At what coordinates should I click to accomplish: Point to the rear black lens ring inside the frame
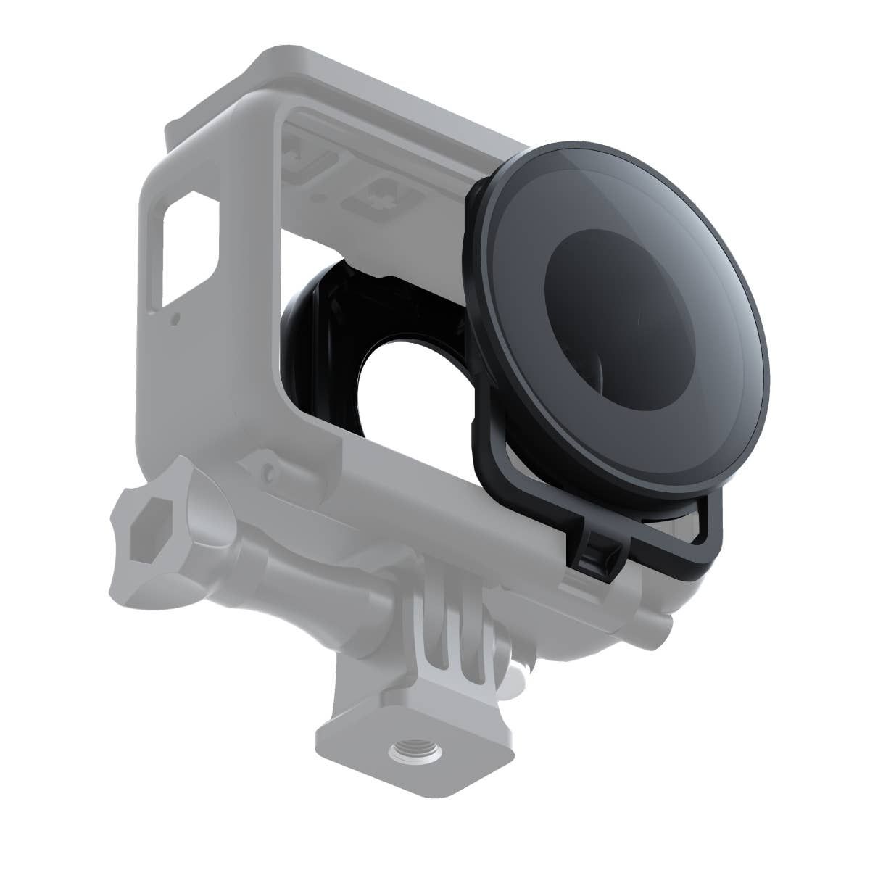pyautogui.click(x=319, y=333)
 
